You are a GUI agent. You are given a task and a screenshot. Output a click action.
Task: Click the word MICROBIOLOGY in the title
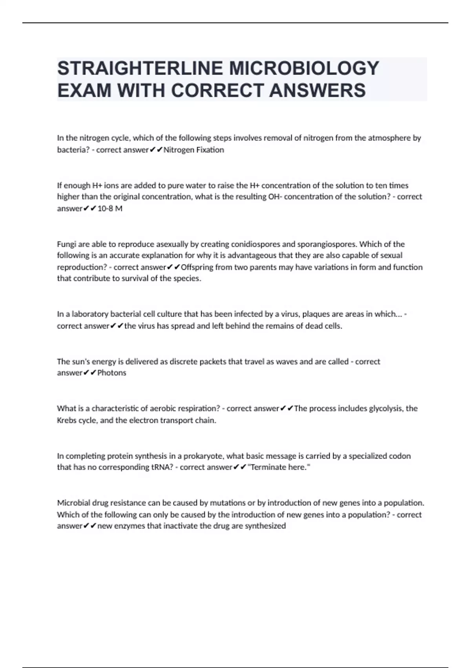(x=304, y=68)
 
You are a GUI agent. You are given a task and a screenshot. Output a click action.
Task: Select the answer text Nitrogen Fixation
(x=194, y=150)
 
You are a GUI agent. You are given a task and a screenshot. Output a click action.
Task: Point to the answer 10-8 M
(x=110, y=209)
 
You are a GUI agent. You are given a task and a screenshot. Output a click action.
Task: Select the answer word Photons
(x=112, y=373)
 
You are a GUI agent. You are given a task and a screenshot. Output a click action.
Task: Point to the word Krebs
(x=67, y=420)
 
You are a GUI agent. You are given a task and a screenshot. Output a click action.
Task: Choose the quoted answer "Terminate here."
(x=279, y=467)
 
